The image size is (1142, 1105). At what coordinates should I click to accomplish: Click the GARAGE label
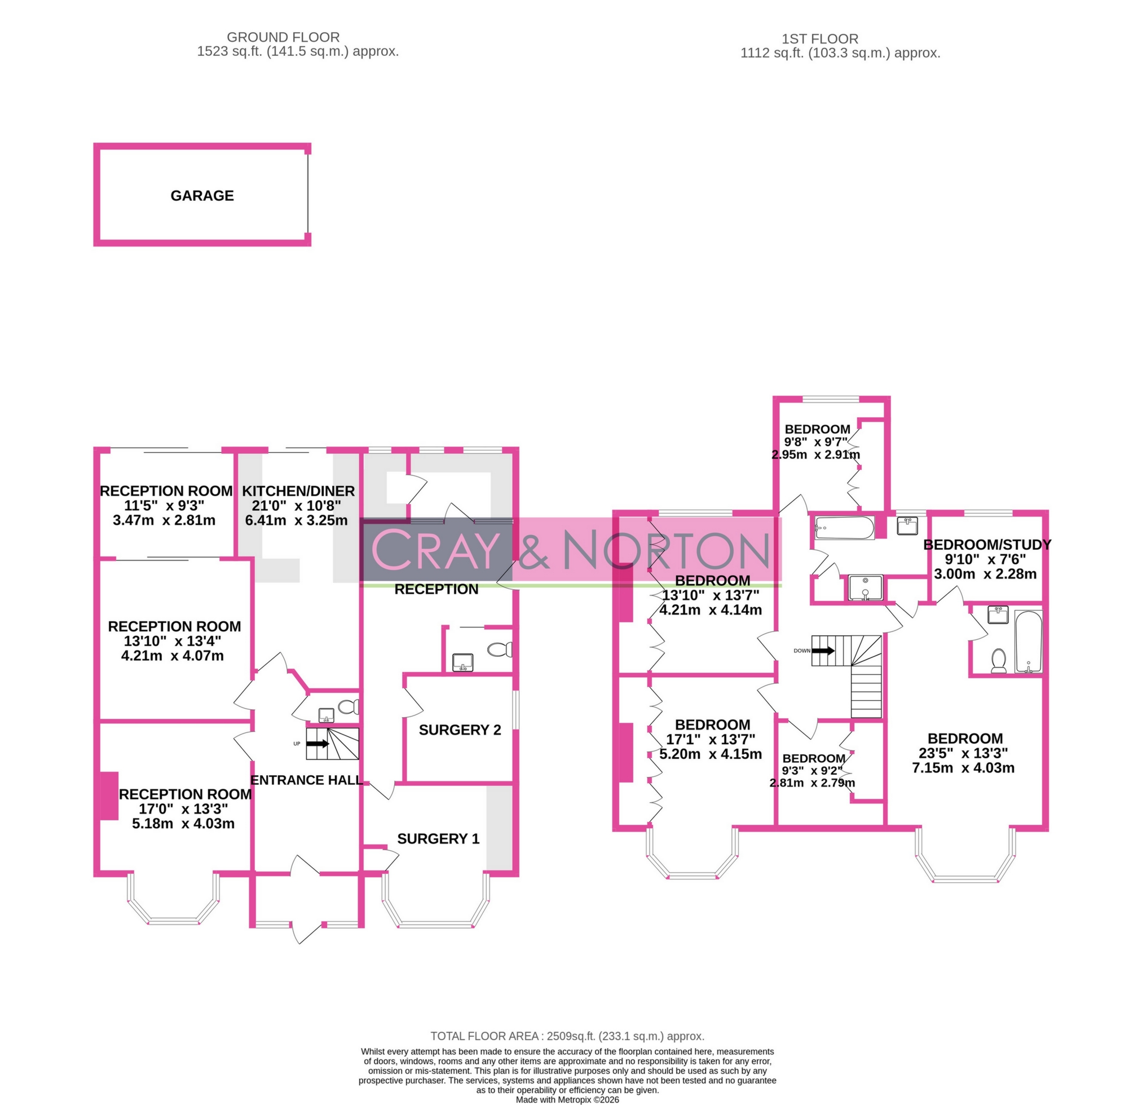coord(202,196)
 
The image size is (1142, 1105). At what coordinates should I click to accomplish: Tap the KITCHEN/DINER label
coord(298,491)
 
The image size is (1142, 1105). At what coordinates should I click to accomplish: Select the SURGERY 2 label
coord(460,730)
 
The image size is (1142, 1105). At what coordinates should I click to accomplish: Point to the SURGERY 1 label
coord(438,839)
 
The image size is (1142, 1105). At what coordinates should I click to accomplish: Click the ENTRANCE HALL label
coord(306,780)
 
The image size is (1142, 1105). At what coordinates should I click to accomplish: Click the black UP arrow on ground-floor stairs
coord(318,744)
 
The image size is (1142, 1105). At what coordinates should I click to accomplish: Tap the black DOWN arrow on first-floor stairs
coord(823,651)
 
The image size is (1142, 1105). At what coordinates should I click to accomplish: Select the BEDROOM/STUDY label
coord(987,545)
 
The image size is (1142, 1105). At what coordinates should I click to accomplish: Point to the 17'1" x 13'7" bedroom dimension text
coord(711,739)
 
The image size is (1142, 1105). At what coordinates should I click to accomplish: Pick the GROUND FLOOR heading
coord(283,37)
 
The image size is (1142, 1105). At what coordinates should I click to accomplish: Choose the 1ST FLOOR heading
coord(820,39)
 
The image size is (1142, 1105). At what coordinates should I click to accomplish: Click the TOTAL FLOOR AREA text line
coord(567,1036)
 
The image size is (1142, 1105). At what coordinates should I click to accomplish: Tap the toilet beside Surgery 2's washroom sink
coord(500,649)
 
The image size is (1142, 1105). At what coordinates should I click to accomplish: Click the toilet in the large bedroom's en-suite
coord(999,661)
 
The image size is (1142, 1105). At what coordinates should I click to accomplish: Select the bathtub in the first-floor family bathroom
coord(844,528)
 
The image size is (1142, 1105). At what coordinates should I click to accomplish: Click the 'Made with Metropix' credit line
coord(567,1100)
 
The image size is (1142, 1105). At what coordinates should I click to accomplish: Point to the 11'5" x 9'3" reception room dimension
coord(164,506)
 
